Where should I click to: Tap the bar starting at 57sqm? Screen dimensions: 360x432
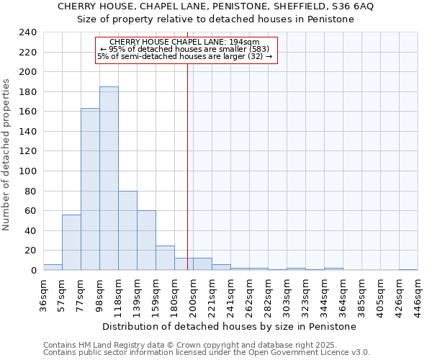tap(71, 242)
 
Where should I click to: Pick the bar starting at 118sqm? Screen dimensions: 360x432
tap(127, 230)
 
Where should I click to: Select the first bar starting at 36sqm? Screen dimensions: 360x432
tap(53, 267)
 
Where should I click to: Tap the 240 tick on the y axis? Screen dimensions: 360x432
tap(28, 32)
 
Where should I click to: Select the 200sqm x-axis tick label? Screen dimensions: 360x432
tap(193, 295)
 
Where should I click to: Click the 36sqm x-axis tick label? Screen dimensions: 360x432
tap(43, 295)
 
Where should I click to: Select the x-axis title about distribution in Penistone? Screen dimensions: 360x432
tap(229, 326)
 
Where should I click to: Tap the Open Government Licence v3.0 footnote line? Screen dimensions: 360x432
tap(207, 352)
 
